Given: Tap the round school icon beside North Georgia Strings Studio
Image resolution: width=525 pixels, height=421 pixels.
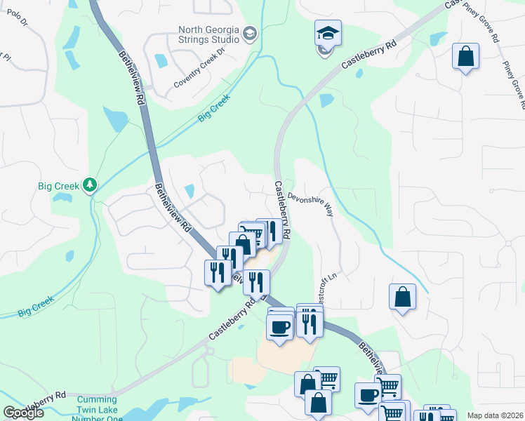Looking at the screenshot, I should tap(250, 34).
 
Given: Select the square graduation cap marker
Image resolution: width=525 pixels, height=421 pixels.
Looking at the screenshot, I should tap(327, 33).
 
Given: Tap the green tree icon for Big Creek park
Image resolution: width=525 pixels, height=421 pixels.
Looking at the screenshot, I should tap(89, 185).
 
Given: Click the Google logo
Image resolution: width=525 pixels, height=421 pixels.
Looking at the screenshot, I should tap(23, 413).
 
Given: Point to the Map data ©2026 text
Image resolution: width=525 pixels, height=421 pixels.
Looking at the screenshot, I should tap(495, 415).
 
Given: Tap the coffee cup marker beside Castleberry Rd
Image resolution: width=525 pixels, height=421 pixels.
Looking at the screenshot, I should tap(279, 327).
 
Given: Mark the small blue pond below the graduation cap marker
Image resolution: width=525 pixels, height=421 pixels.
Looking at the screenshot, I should tap(326, 100).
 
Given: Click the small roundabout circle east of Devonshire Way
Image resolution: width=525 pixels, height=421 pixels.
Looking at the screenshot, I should tap(507, 244).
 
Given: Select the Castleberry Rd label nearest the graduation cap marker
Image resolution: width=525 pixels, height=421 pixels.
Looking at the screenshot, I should tap(370, 53).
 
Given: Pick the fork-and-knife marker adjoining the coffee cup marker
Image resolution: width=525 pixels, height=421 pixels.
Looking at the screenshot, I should tap(309, 323).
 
